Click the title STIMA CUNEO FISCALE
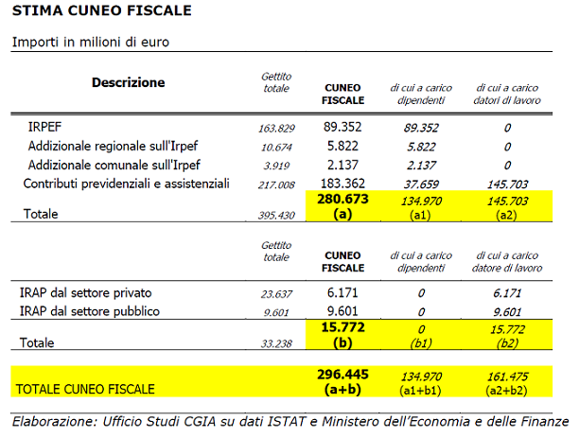click(x=101, y=11)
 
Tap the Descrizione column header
click(x=128, y=83)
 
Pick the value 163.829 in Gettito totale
click(x=276, y=128)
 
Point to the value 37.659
click(x=419, y=184)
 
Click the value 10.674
click(x=276, y=147)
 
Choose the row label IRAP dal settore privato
click(x=85, y=292)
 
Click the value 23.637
click(x=276, y=293)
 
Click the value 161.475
click(x=507, y=376)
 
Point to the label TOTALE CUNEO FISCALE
click(x=86, y=388)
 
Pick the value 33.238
click(x=276, y=343)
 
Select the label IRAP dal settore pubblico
click(x=89, y=311)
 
